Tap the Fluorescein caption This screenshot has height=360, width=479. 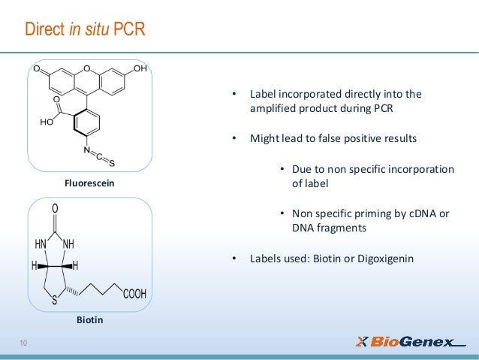pyautogui.click(x=89, y=183)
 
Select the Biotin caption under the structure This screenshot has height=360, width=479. pyautogui.click(x=89, y=320)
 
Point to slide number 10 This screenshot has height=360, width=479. pyautogui.click(x=23, y=344)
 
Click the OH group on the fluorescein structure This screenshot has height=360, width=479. pyautogui.click(x=140, y=70)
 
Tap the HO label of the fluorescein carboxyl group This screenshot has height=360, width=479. pyautogui.click(x=46, y=122)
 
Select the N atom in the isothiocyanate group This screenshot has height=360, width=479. pyautogui.click(x=87, y=150)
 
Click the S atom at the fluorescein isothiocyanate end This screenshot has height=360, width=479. pyautogui.click(x=112, y=163)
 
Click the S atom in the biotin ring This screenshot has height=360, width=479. pyautogui.click(x=55, y=301)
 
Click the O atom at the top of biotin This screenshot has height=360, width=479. pyautogui.click(x=55, y=208)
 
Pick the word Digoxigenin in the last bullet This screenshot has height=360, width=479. pyautogui.click(x=383, y=260)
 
